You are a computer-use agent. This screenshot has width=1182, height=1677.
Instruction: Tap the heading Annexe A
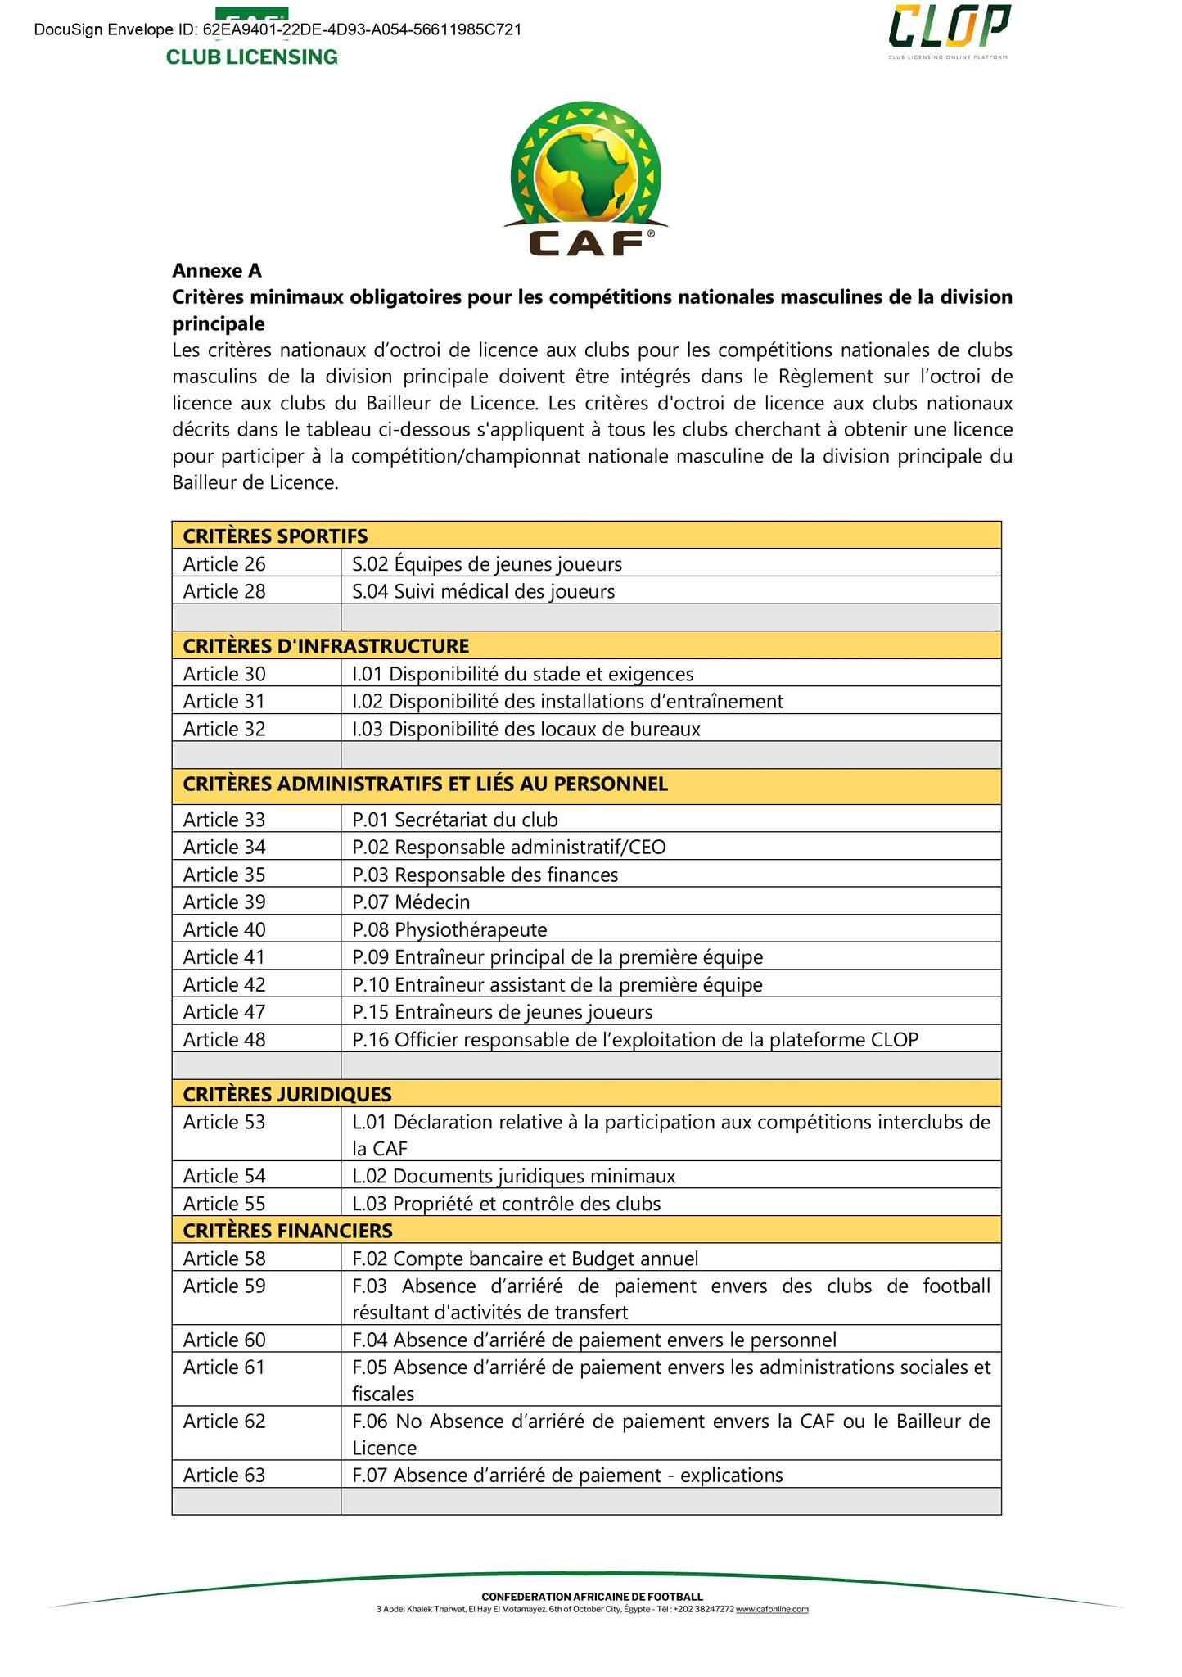pyautogui.click(x=217, y=270)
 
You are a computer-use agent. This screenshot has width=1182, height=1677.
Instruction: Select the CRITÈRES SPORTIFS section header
pyautogui.click(x=276, y=536)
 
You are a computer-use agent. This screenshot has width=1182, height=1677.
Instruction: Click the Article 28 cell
pyautogui.click(x=225, y=591)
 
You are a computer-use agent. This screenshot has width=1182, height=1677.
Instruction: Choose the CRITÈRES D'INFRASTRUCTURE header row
pyautogui.click(x=326, y=646)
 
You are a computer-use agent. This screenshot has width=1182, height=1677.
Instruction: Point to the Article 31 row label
pyautogui.click(x=225, y=701)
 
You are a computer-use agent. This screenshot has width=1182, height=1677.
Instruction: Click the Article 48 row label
pyautogui.click(x=225, y=1039)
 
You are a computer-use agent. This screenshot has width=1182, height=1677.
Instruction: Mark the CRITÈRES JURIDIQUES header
pyautogui.click(x=287, y=1094)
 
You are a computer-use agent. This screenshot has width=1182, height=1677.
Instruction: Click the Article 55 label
pyautogui.click(x=225, y=1203)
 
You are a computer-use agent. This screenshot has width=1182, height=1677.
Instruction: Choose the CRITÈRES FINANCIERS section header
pyautogui.click(x=288, y=1230)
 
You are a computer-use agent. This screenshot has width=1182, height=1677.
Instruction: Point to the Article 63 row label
pyautogui.click(x=225, y=1475)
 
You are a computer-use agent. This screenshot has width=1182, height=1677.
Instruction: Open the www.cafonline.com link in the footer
pyautogui.click(x=772, y=1608)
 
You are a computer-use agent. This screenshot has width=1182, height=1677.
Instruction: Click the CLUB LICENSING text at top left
pyautogui.click(x=252, y=57)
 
